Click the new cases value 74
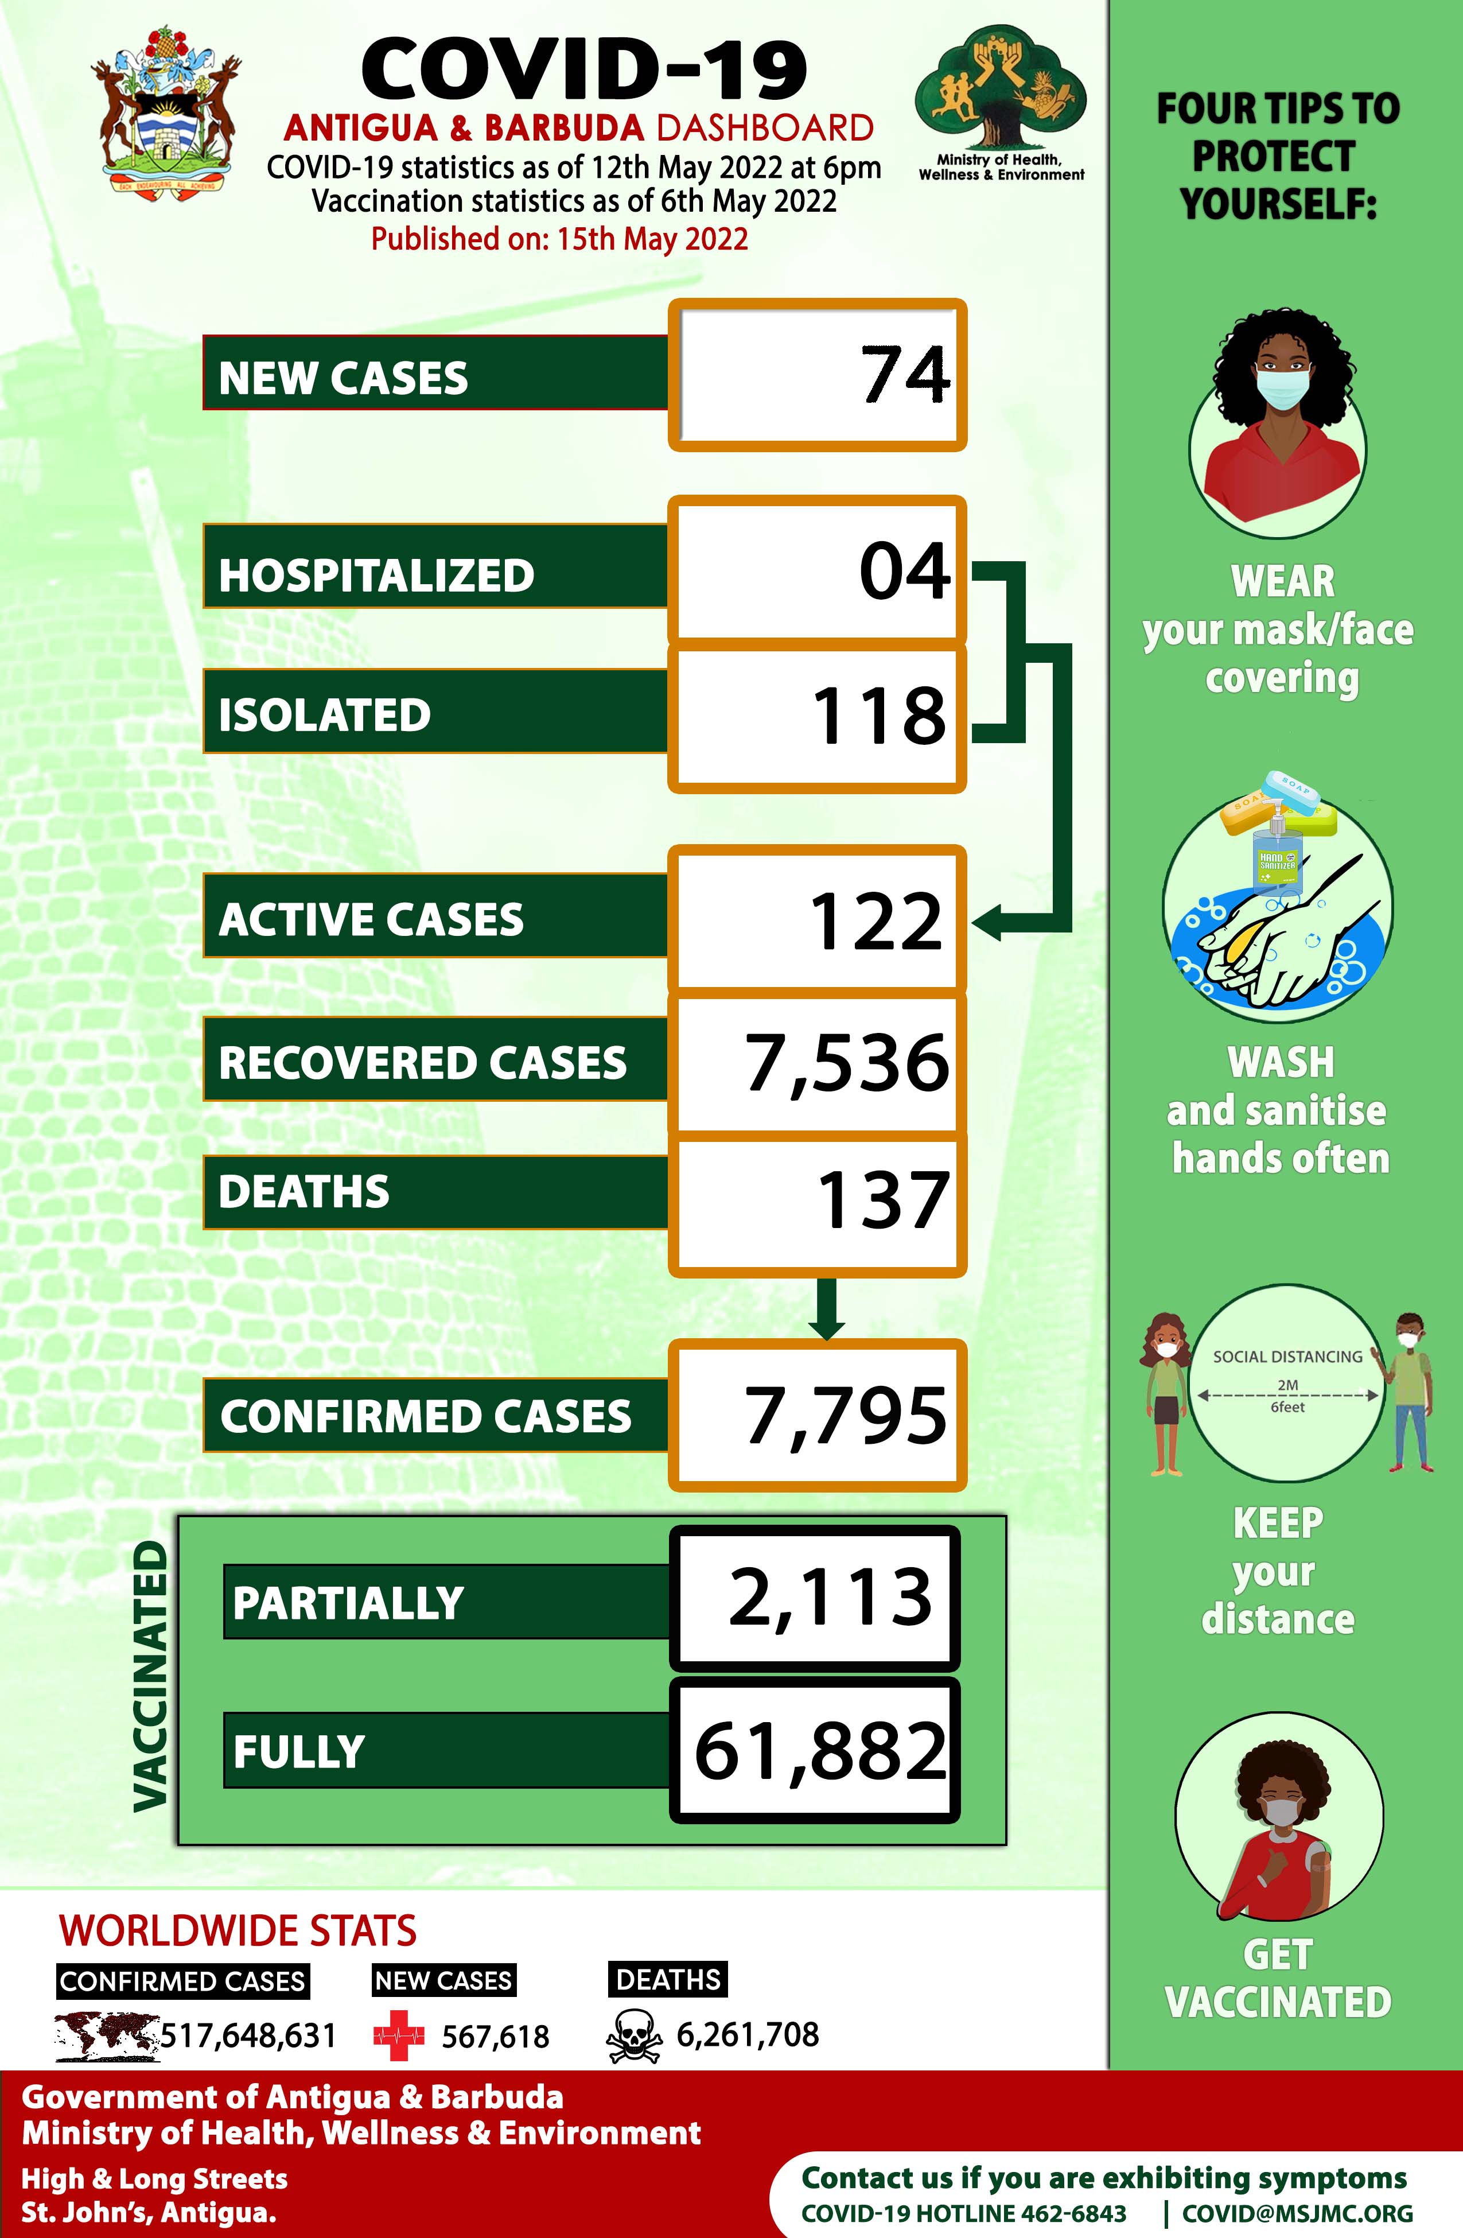(905, 375)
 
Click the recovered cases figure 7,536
(846, 1063)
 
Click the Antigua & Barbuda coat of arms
(166, 110)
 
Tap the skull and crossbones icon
(634, 2037)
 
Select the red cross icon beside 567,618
(399, 2036)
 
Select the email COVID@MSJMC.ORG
(1297, 2213)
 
